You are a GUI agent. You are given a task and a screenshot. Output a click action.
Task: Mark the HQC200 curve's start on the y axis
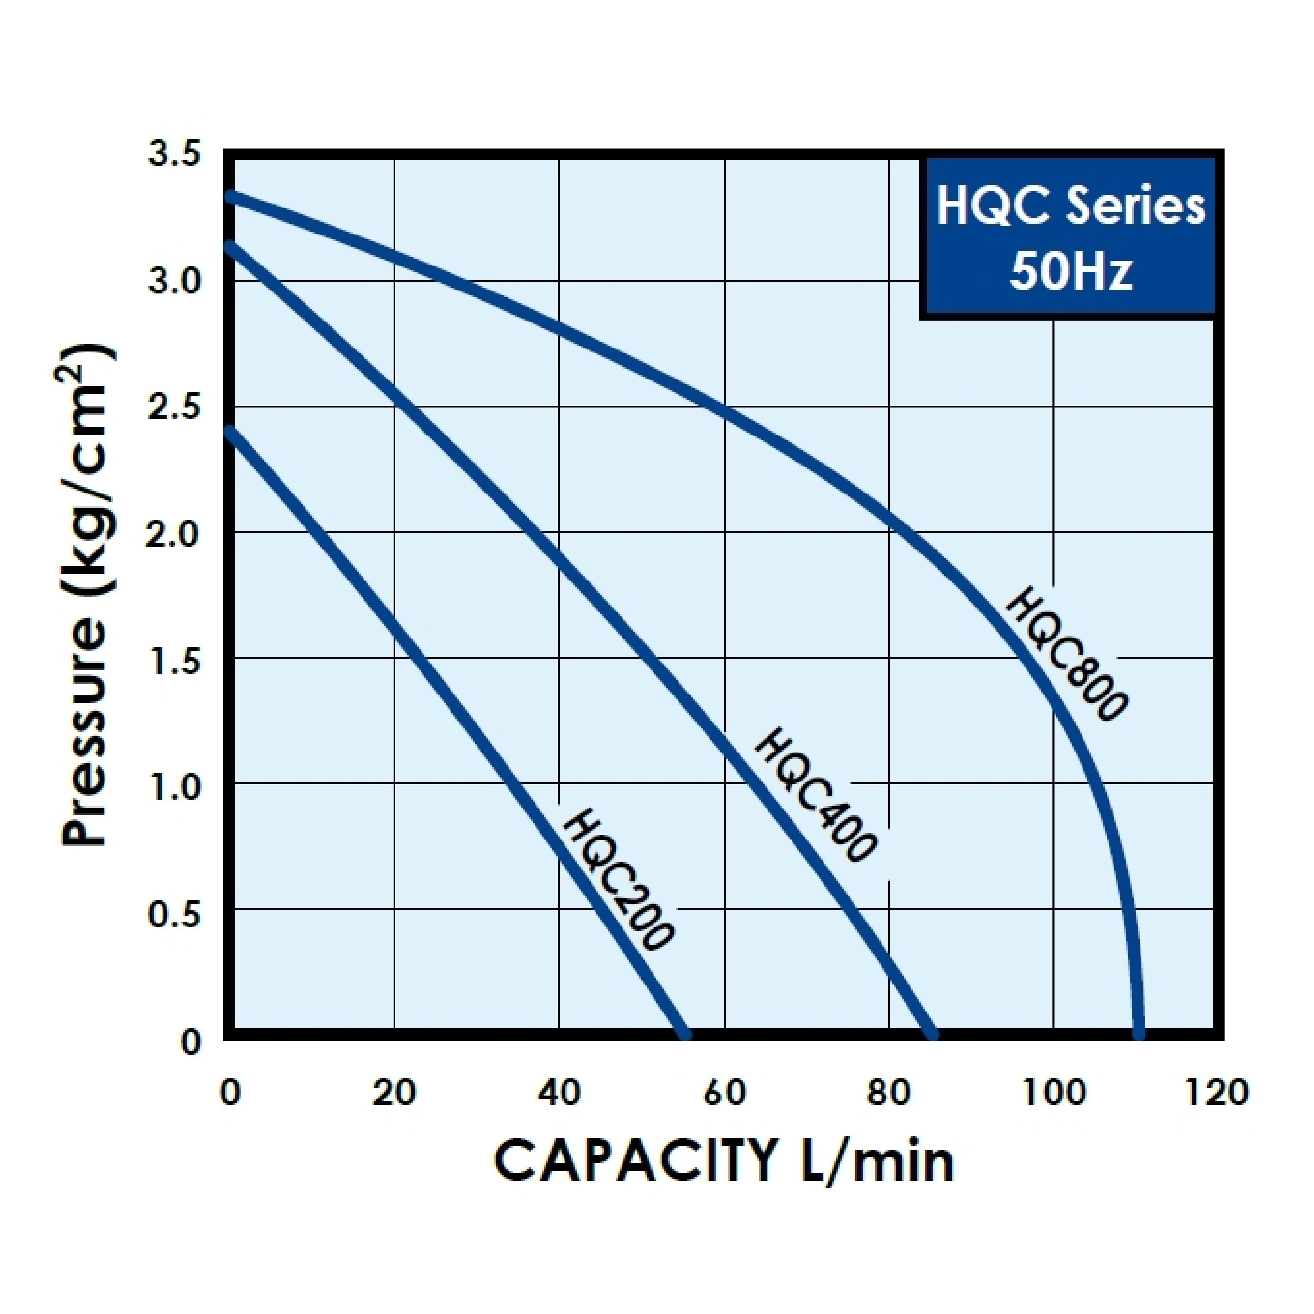pyautogui.click(x=231, y=430)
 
